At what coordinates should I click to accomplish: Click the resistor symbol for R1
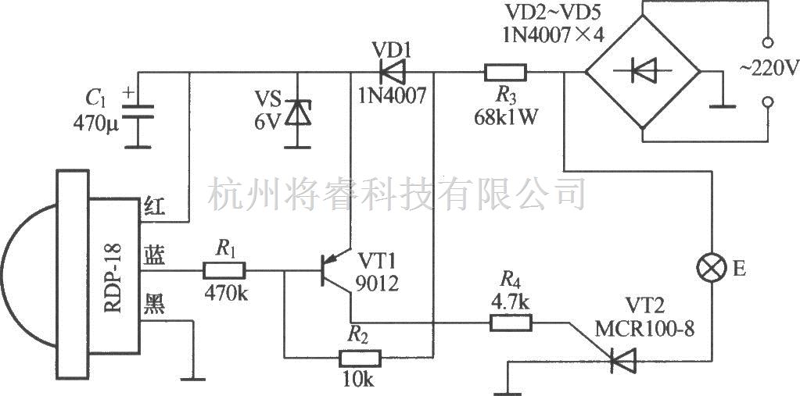coord(224,271)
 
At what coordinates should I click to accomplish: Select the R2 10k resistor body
coord(361,359)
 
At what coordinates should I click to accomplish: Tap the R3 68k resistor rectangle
coord(505,73)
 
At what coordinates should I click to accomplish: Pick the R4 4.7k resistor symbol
coord(511,321)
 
